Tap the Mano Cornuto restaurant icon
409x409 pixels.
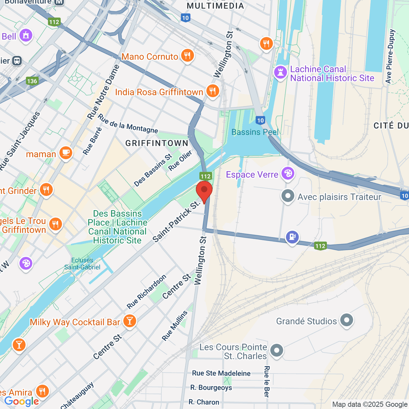[187, 56]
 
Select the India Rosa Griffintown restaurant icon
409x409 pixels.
[212, 91]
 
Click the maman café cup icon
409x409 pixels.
[65, 153]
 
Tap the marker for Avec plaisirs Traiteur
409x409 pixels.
[288, 196]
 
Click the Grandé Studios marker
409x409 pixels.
[347, 320]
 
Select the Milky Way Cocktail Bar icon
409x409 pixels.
[129, 321]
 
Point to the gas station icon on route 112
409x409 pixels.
[292, 237]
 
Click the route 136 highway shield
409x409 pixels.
[32, 81]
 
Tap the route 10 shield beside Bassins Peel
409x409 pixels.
[260, 120]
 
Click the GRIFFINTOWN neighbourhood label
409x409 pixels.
[157, 143]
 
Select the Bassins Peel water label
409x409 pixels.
[255, 132]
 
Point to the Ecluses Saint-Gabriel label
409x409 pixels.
[82, 264]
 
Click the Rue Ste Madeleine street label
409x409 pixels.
[221, 373]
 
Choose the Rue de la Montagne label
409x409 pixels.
[128, 124]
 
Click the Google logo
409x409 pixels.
[22, 402]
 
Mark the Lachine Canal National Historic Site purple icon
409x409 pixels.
[281, 73]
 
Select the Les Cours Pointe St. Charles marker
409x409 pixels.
[276, 350]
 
